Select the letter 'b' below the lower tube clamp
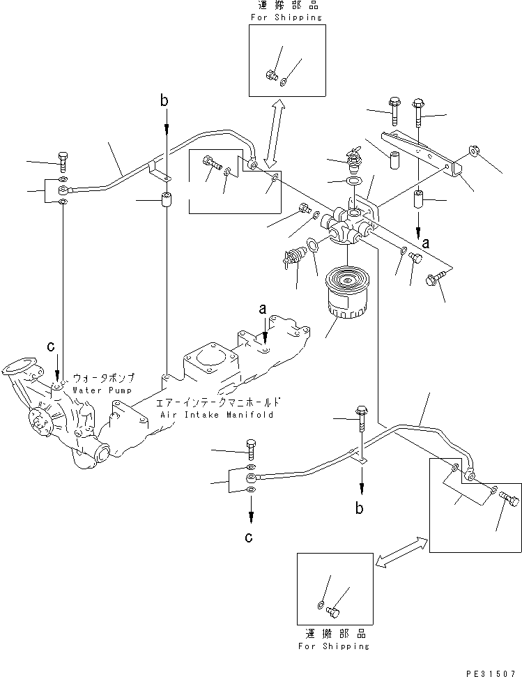[360, 508]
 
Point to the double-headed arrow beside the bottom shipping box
[401, 550]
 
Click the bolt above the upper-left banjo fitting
[63, 161]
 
